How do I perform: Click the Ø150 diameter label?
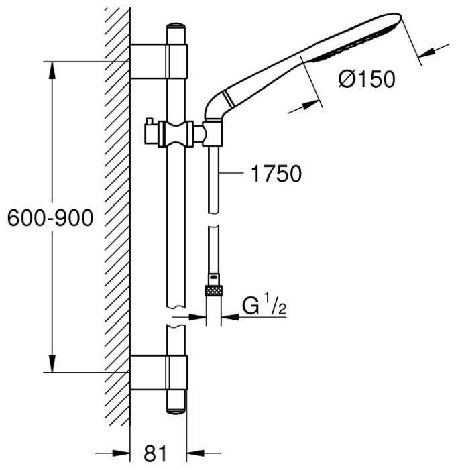(367, 80)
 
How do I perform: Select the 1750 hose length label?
(276, 174)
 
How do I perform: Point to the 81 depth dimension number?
(155, 453)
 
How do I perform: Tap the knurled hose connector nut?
(213, 291)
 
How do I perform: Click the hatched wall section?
(117, 221)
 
